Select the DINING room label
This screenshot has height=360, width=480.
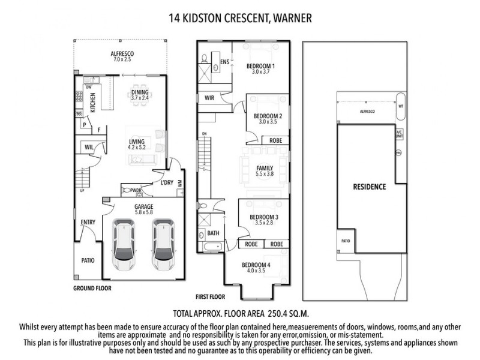tap(139, 92)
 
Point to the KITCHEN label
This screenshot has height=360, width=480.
tap(92, 103)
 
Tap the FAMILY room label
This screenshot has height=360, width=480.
tap(265, 168)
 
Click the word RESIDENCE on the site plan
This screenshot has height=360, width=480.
tap(369, 187)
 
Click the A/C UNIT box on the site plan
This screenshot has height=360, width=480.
tap(399, 133)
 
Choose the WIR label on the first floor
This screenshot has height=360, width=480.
tap(210, 97)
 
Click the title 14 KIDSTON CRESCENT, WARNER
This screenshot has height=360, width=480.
tap(240, 19)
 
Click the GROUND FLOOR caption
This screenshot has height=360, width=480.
tap(92, 288)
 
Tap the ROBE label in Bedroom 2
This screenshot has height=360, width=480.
tap(276, 140)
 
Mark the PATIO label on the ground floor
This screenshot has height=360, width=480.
tap(88, 260)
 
